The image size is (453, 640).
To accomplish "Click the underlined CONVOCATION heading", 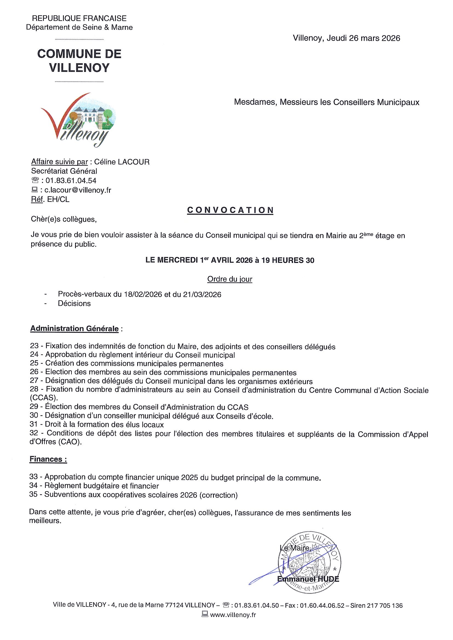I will (x=230, y=210).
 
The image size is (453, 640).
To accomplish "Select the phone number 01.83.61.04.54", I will (x=69, y=181).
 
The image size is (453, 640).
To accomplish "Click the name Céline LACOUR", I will (x=122, y=162).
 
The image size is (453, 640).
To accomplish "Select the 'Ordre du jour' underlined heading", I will (x=230, y=279).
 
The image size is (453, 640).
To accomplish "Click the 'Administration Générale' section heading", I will (x=74, y=328).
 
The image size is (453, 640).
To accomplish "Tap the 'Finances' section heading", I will (x=48, y=459).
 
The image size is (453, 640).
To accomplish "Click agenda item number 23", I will (x=34, y=347).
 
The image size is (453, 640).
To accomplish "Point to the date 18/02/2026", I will (x=143, y=294).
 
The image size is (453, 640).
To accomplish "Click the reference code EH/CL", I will (x=58, y=200).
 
